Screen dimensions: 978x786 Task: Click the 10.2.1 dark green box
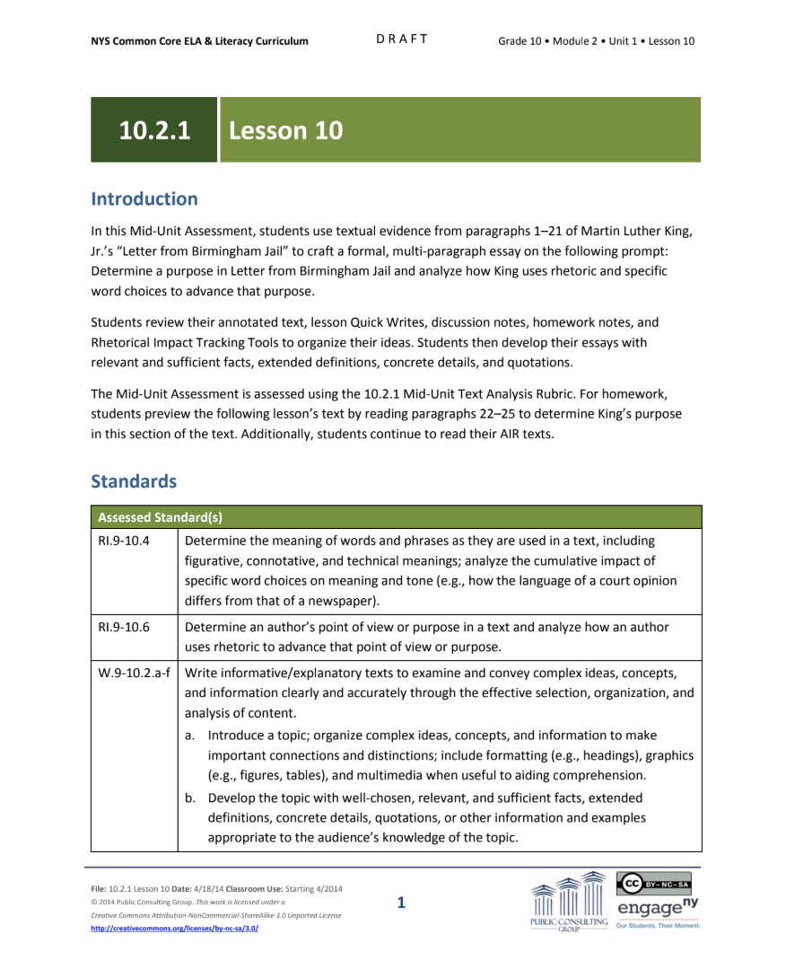pyautogui.click(x=154, y=130)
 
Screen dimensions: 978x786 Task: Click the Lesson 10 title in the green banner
pyautogui.click(x=286, y=130)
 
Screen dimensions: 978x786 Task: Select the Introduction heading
pyautogui.click(x=144, y=198)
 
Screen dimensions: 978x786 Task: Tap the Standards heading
pyautogui.click(x=134, y=481)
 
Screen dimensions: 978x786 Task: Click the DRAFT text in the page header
pyautogui.click(x=401, y=40)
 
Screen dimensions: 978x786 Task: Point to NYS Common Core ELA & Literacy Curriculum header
pyautogui.click(x=199, y=41)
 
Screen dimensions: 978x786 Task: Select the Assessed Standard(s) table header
pyautogui.click(x=161, y=517)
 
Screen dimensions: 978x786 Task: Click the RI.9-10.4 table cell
pyautogui.click(x=123, y=542)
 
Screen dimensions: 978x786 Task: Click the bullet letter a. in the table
pyautogui.click(x=190, y=736)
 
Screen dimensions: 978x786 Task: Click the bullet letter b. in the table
pyautogui.click(x=190, y=798)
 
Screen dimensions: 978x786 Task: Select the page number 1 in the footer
pyautogui.click(x=401, y=903)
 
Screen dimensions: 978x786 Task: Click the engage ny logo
pyautogui.click(x=657, y=909)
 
